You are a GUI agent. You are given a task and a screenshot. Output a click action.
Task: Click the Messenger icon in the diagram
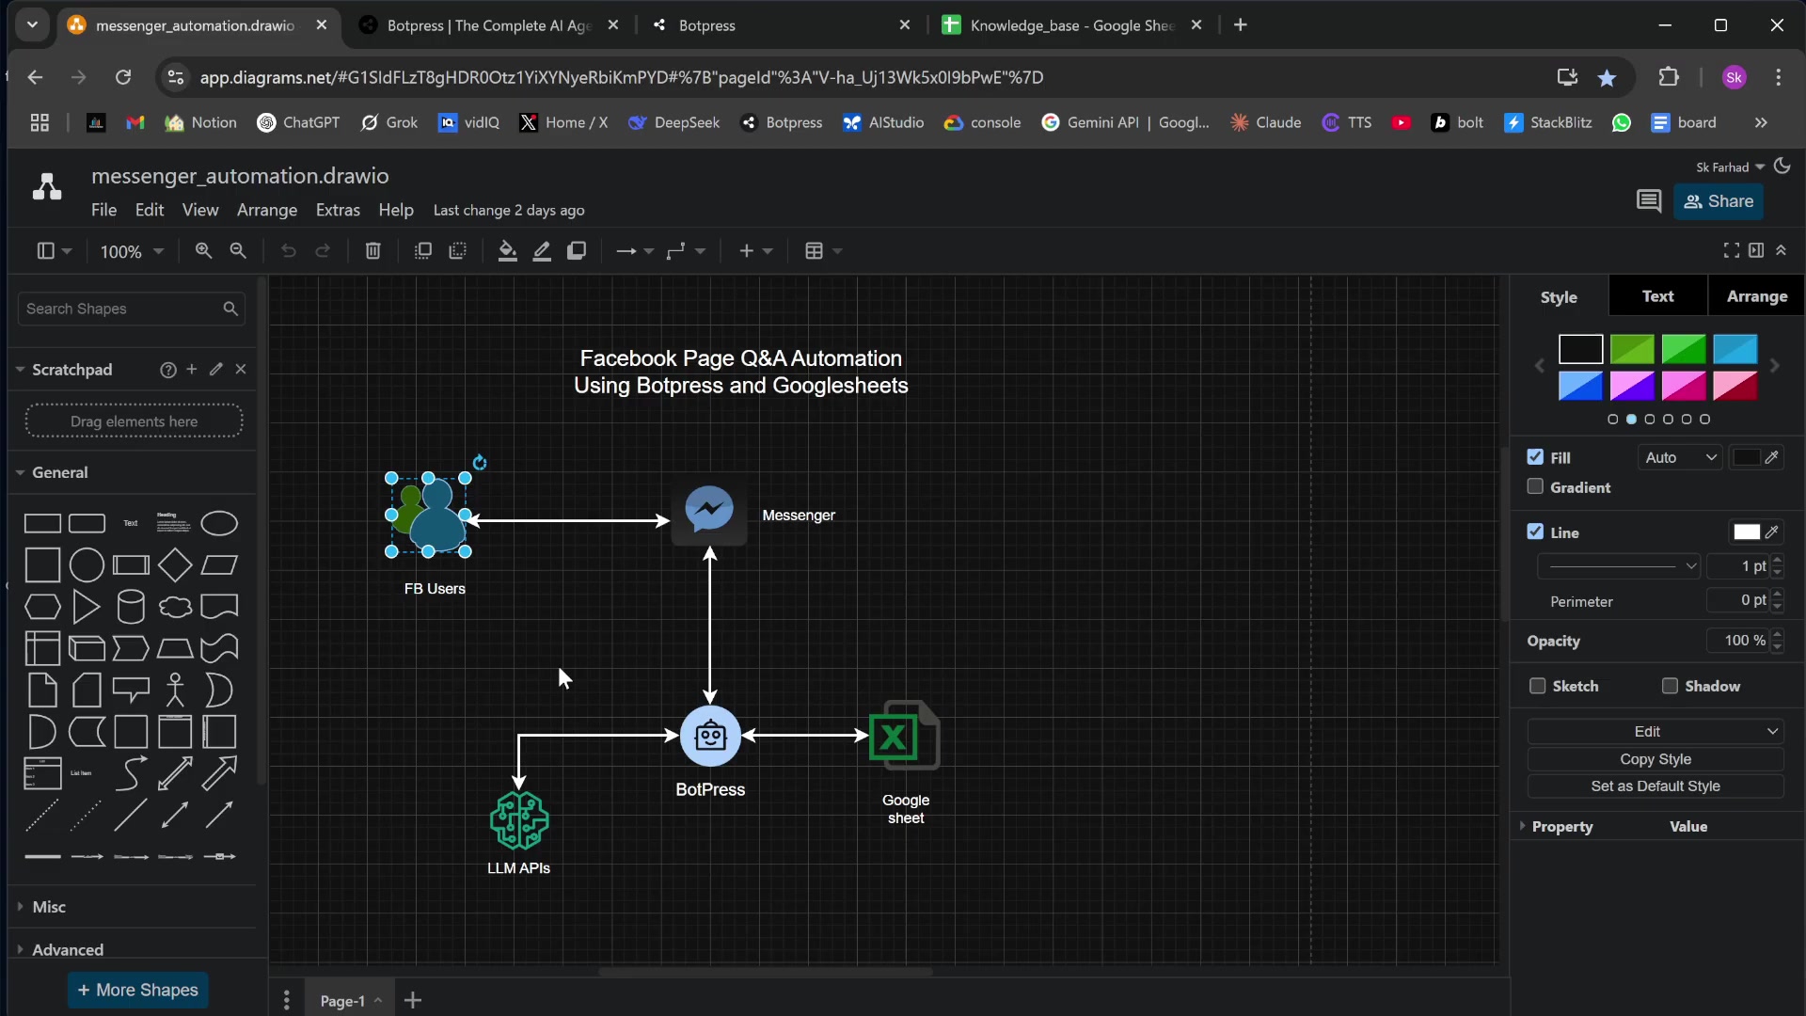[709, 511]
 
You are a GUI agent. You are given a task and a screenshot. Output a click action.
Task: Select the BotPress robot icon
[710, 736]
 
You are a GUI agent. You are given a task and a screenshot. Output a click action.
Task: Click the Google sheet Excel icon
[905, 736]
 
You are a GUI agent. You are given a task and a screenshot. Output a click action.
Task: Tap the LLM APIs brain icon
[518, 820]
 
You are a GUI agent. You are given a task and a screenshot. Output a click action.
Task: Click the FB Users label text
[435, 589]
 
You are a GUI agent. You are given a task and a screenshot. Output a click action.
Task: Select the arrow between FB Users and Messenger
[569, 519]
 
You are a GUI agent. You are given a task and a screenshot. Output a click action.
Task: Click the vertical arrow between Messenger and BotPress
[710, 626]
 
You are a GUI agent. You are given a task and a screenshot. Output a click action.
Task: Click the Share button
[1719, 201]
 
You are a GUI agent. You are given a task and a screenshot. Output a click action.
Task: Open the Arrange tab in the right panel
[1757, 296]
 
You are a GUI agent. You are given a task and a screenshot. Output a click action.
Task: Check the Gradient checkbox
[1536, 486]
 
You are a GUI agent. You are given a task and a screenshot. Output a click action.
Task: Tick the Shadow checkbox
[1670, 686]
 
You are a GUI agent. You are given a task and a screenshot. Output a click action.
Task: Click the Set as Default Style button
[1655, 786]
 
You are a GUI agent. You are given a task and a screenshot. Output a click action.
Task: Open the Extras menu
[338, 210]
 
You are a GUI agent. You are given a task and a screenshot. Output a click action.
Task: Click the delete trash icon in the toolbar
[373, 251]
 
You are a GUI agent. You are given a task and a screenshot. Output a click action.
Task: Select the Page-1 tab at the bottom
[342, 1001]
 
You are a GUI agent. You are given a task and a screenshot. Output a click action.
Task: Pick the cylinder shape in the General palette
[131, 607]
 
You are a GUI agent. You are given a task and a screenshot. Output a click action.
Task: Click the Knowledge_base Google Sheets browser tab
[1072, 25]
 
